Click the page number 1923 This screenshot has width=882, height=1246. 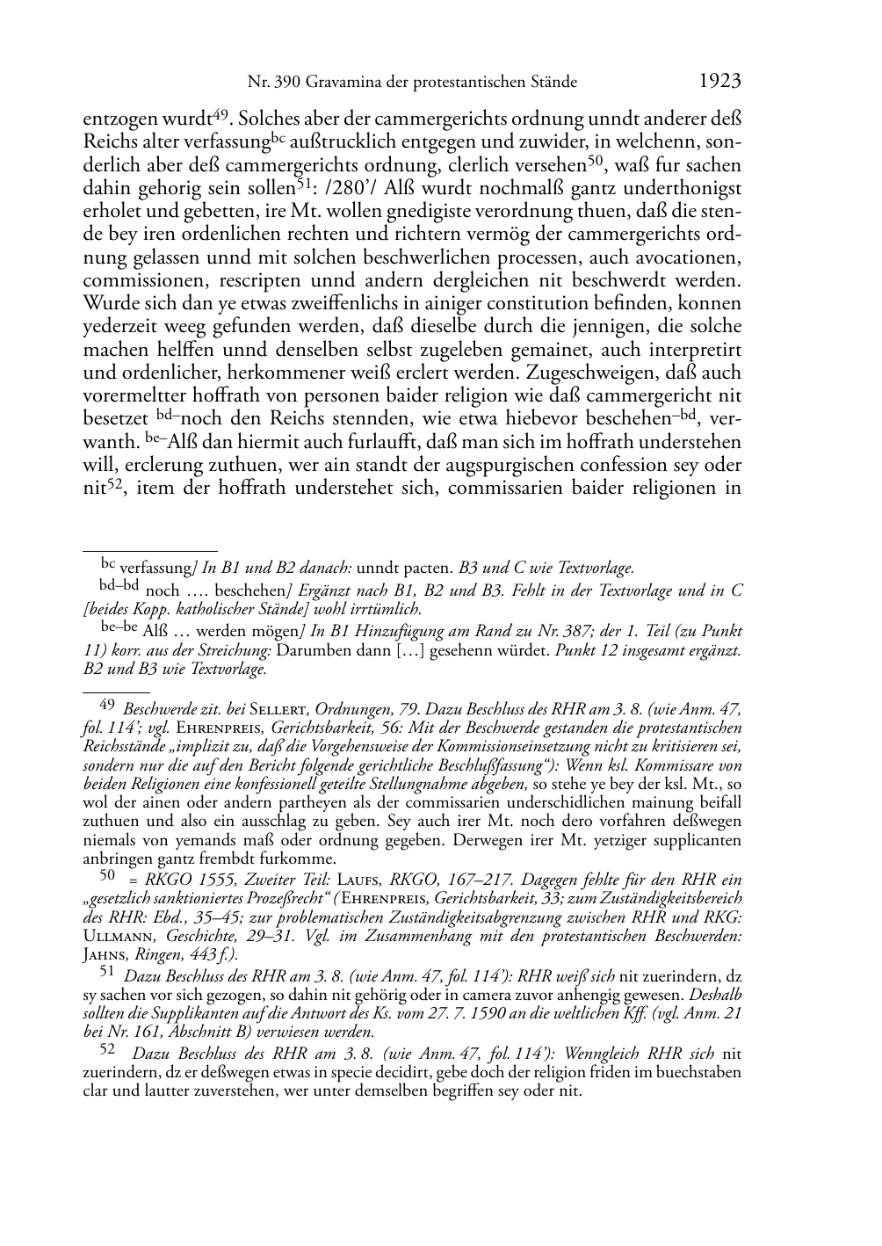pos(720,81)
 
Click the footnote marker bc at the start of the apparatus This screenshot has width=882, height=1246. pos(108,564)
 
